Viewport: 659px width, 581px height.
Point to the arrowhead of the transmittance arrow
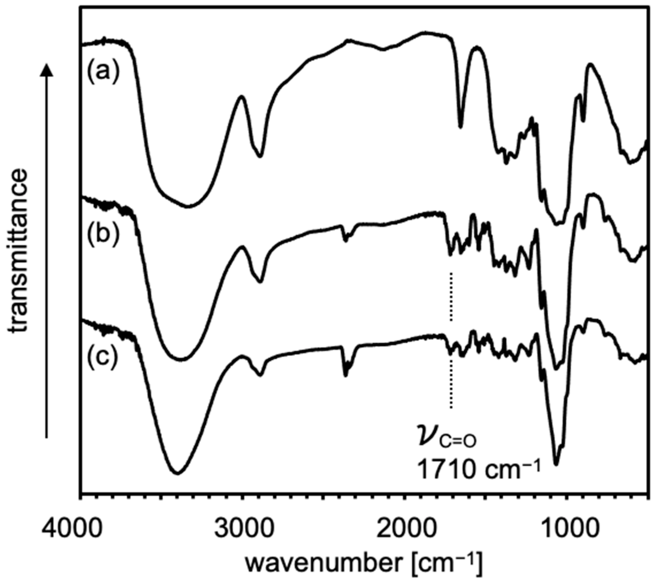(x=47, y=69)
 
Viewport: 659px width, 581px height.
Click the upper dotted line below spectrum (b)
(x=451, y=297)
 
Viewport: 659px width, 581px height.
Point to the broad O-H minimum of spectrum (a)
(x=189, y=206)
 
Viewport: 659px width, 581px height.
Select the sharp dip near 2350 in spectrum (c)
(x=345, y=375)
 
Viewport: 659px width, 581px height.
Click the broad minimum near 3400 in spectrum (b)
(x=182, y=359)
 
